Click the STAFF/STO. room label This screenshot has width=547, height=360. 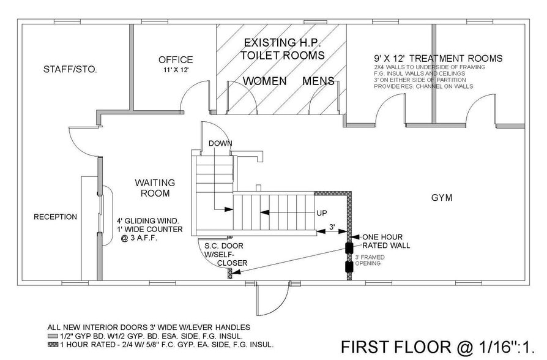click(70, 69)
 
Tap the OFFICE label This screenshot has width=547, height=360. click(176, 60)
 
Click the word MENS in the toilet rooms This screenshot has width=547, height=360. click(318, 81)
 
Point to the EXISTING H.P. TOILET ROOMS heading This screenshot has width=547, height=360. click(282, 49)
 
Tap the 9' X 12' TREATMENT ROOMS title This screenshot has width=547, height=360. click(438, 59)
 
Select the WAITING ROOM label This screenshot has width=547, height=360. click(155, 188)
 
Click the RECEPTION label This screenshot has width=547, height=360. click(55, 217)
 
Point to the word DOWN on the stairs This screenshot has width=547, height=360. click(220, 143)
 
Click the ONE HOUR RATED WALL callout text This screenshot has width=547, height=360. click(386, 241)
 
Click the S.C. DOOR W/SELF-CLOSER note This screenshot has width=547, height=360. click(226, 255)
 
